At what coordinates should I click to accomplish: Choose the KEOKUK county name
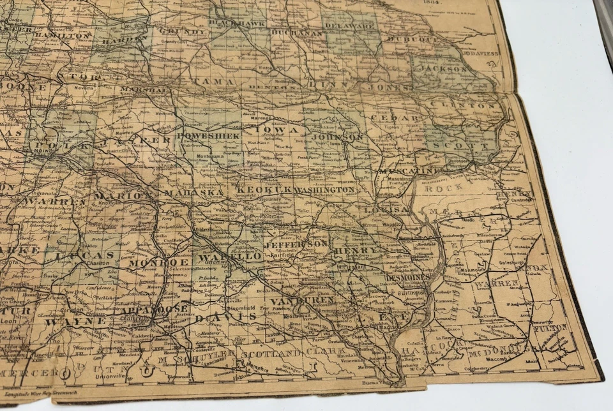pyautogui.click(x=264, y=190)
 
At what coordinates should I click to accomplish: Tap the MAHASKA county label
pyautogui.click(x=195, y=193)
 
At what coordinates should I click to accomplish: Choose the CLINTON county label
pyautogui.click(x=464, y=105)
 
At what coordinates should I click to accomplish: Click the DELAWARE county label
pyautogui.click(x=349, y=26)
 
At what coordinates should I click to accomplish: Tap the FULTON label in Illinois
pyautogui.click(x=550, y=327)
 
